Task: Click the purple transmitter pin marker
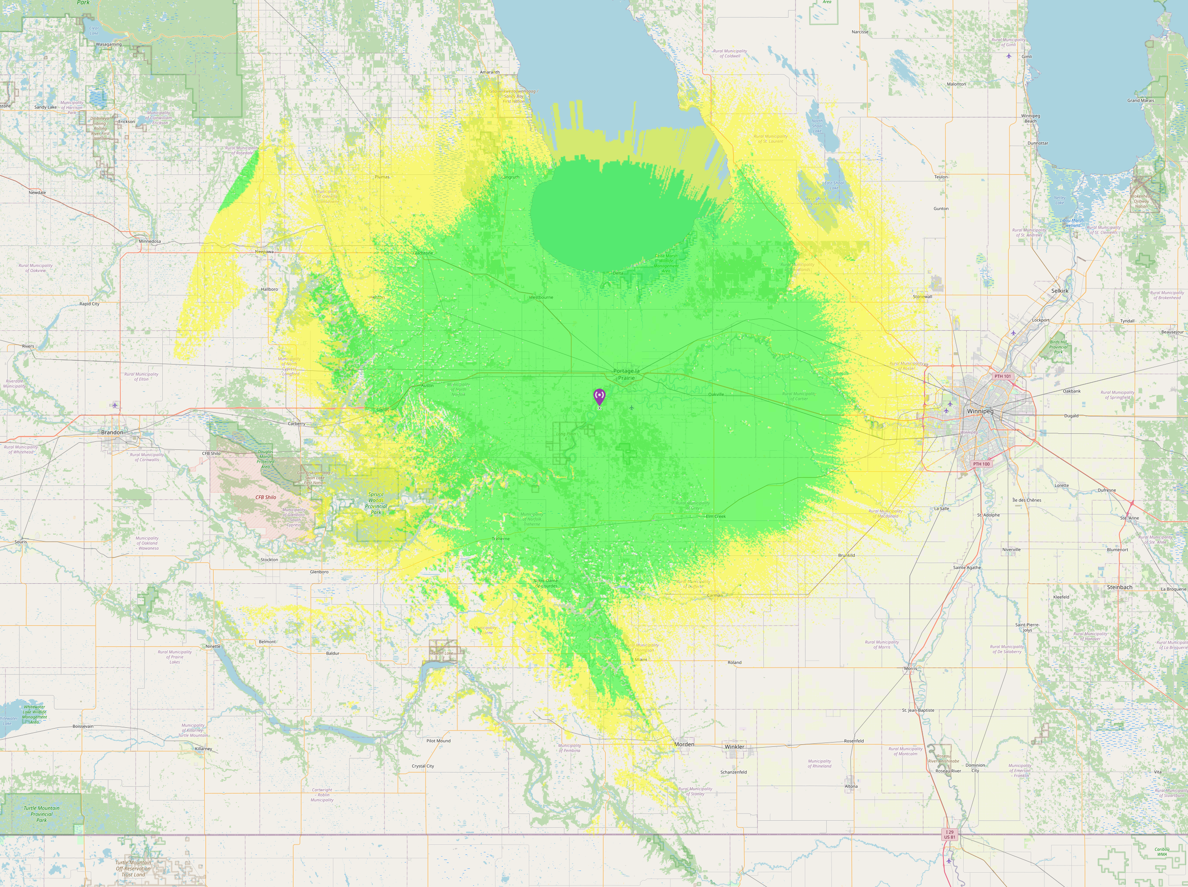pyautogui.click(x=599, y=396)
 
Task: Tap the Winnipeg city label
pyautogui.click(x=980, y=411)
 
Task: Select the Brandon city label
pyautogui.click(x=112, y=432)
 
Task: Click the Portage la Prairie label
pyautogui.click(x=626, y=374)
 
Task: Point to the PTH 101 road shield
pyautogui.click(x=1002, y=376)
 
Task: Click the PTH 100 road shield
pyautogui.click(x=981, y=464)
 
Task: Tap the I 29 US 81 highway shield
pyautogui.click(x=950, y=834)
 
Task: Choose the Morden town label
pyautogui.click(x=684, y=744)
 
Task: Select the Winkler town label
pyautogui.click(x=734, y=747)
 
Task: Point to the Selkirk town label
pyautogui.click(x=1060, y=291)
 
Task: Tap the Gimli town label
pyautogui.click(x=1026, y=56)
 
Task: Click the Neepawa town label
pyautogui.click(x=264, y=252)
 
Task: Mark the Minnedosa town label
pyautogui.click(x=150, y=242)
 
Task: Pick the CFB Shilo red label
pyautogui.click(x=265, y=497)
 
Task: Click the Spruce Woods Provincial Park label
pyautogui.click(x=376, y=503)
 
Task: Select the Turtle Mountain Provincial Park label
pyautogui.click(x=41, y=814)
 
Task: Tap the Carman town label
pyautogui.click(x=715, y=595)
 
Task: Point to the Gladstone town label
pyautogui.click(x=422, y=253)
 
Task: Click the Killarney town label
pyautogui.click(x=204, y=748)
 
